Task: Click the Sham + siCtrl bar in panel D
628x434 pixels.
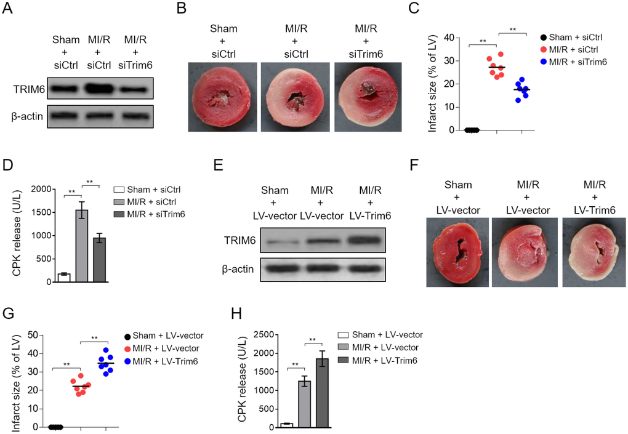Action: tap(63, 278)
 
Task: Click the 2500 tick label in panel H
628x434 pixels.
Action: tap(262, 335)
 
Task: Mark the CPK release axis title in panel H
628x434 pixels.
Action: tap(244, 381)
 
